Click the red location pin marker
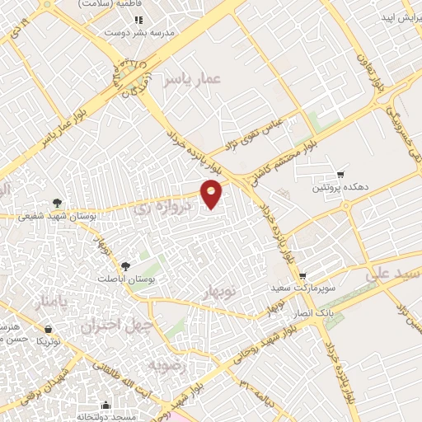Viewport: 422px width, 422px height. tap(212, 193)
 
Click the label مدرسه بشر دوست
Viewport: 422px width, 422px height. tap(138, 34)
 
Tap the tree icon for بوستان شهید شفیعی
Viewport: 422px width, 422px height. tap(56, 202)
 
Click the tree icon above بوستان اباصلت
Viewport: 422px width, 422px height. tap(125, 265)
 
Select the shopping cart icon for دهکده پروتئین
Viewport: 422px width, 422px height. tap(340, 175)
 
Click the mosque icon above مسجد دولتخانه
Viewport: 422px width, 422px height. tap(106, 404)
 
